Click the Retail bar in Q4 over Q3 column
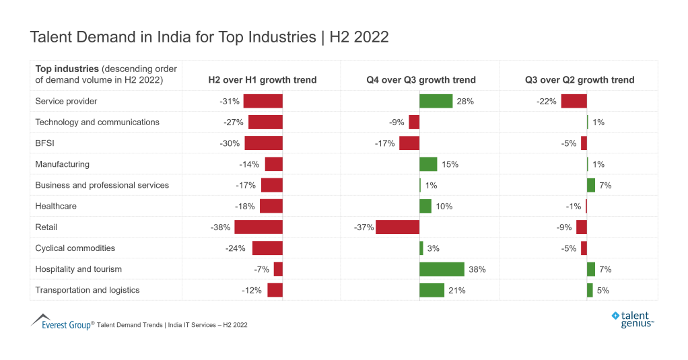[397, 227]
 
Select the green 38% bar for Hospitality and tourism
[442, 269]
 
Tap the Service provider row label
[66, 102]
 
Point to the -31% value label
[230, 102]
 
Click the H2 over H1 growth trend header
[262, 80]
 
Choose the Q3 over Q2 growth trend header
[579, 80]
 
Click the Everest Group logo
[61, 322]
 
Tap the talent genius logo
[632, 319]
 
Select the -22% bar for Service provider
[574, 102]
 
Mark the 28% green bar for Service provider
[436, 102]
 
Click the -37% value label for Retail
[364, 227]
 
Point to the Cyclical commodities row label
[75, 248]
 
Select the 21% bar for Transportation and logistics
[432, 290]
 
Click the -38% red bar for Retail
[259, 227]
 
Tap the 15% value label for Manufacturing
[450, 164]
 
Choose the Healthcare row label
[56, 206]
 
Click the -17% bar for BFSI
[409, 143]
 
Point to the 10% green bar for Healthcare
[425, 206]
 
